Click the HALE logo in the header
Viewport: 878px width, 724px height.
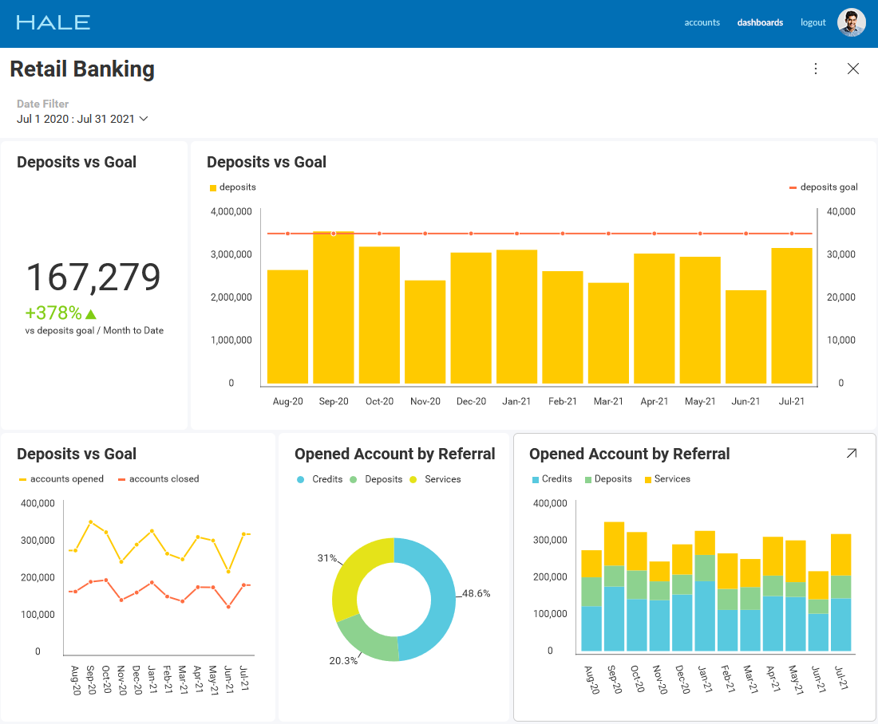coord(53,22)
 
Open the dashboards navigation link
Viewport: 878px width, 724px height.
coord(760,22)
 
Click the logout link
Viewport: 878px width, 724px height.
coord(813,22)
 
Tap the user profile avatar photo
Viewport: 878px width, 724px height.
coord(851,22)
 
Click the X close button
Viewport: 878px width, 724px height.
coord(852,69)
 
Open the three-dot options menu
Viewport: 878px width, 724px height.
coord(815,69)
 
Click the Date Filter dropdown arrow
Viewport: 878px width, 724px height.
coord(144,119)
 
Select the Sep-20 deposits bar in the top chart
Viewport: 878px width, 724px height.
coord(333,307)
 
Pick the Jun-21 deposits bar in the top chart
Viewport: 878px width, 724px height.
coord(746,336)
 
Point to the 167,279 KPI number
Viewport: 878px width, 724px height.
coord(93,277)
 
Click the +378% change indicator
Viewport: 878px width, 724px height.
coord(61,313)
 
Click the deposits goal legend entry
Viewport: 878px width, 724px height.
coord(823,187)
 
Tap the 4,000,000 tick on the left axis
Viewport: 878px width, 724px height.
coord(231,211)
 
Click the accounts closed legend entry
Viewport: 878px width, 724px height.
coord(159,479)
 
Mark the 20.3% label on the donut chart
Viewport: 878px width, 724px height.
coord(343,661)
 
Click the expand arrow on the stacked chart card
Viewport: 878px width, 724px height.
coord(851,453)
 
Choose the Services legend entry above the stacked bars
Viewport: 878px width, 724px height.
coord(667,479)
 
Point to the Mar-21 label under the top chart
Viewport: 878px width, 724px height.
coord(608,401)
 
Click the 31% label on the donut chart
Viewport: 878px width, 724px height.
coord(327,558)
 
